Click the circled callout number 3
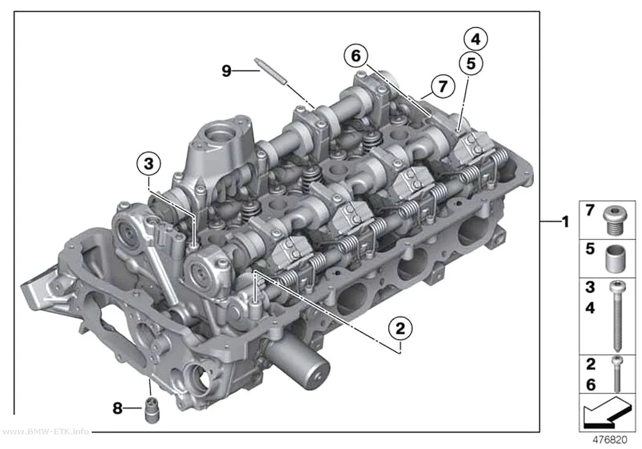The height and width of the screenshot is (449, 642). pos(149,164)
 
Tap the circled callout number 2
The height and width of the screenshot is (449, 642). pos(400,329)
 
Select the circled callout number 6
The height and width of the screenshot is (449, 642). pos(356,56)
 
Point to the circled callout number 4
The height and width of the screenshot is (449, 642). pos(476,39)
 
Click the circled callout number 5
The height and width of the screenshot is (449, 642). pos(471,64)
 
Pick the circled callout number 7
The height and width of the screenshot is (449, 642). pos(443,87)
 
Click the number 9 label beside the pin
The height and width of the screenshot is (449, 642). pos(226,71)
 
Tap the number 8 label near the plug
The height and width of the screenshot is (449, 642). pos(117,407)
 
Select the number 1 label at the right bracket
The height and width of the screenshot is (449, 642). pos(566,222)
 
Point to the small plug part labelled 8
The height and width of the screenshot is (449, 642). pos(152,410)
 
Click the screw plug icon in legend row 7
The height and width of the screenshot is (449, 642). pos(615,221)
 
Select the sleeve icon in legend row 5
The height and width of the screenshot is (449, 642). pos(615,259)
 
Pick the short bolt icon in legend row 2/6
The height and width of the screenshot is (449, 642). pos(617,374)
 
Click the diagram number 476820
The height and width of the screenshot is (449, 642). pos(610,440)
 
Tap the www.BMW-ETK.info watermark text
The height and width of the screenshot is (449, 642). pos(45,431)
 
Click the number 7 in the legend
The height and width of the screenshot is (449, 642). pos(589,210)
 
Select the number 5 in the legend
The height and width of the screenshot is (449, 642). pos(590,249)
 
